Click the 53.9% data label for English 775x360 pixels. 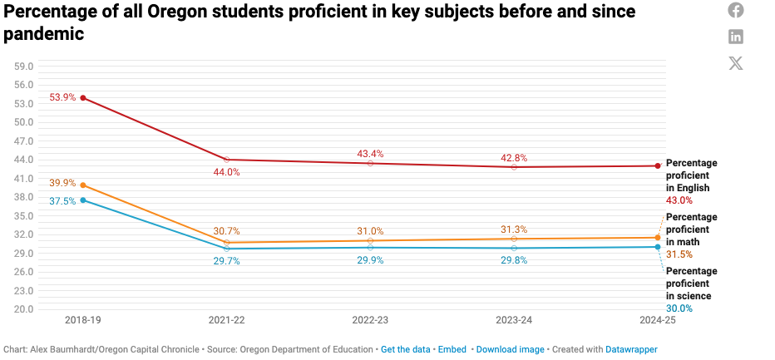click(62, 97)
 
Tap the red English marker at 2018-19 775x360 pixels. click(83, 98)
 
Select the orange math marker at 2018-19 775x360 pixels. click(83, 185)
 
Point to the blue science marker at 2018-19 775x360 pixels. click(83, 200)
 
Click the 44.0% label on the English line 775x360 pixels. click(227, 172)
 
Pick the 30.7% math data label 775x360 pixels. click(227, 231)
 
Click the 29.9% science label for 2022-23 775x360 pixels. click(370, 260)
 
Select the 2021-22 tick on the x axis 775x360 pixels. click(227, 320)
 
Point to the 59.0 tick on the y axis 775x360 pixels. click(23, 67)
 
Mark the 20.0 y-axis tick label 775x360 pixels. click(23, 309)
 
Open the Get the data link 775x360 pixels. click(406, 350)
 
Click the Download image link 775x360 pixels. click(510, 350)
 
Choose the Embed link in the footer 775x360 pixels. click(452, 350)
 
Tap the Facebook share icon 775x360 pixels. click(736, 10)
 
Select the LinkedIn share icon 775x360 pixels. click(736, 37)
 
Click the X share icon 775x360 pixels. click(736, 63)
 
